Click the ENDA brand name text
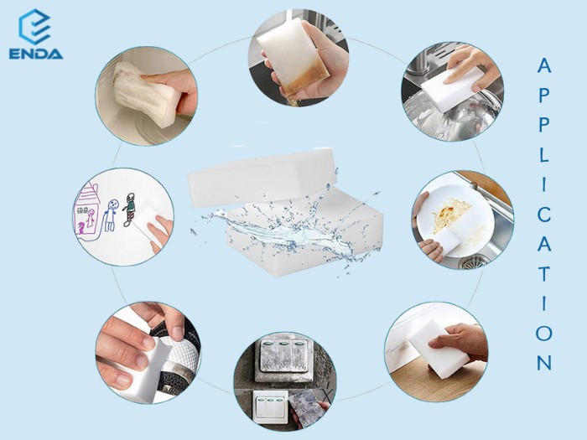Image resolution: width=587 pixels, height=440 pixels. tap(36, 54)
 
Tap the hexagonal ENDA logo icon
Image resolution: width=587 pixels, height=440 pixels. tap(34, 27)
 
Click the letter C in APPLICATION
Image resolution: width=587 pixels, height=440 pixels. tap(544, 215)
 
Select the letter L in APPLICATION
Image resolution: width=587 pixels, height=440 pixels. tap(544, 154)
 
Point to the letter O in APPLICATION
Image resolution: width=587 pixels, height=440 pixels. tap(544, 333)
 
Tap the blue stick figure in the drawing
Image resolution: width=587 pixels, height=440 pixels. tap(111, 215)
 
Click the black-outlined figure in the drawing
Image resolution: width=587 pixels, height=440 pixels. tap(128, 210)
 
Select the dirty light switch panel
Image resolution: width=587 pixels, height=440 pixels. tap(283, 359)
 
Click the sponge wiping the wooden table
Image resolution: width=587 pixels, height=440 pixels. tap(439, 349)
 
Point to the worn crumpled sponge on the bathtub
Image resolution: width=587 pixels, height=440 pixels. tap(147, 93)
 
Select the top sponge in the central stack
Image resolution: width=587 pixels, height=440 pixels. tap(262, 177)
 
